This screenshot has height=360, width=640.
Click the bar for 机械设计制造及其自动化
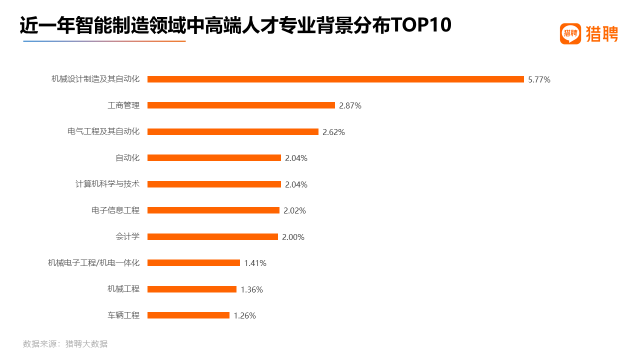335,79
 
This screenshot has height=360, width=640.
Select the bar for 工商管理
241,105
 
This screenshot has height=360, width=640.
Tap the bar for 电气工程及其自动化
233,131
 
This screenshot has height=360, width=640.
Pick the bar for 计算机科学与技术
214,184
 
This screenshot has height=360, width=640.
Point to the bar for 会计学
212,236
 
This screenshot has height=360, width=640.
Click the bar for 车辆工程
188,315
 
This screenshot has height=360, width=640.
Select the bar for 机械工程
192,289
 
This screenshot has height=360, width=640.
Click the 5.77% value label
539,79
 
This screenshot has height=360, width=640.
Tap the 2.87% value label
350,105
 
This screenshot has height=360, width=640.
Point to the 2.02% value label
294,210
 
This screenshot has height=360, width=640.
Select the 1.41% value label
255,263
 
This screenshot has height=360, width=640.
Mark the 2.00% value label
293,237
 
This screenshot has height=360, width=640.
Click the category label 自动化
127,158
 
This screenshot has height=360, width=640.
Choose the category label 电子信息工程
115,210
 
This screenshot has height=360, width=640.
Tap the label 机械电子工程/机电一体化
93,263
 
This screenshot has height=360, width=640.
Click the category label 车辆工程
123,315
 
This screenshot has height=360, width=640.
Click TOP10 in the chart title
421,25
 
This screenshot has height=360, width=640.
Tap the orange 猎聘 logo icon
570,34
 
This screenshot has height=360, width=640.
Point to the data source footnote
65,344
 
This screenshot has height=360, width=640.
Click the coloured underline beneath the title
104,41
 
